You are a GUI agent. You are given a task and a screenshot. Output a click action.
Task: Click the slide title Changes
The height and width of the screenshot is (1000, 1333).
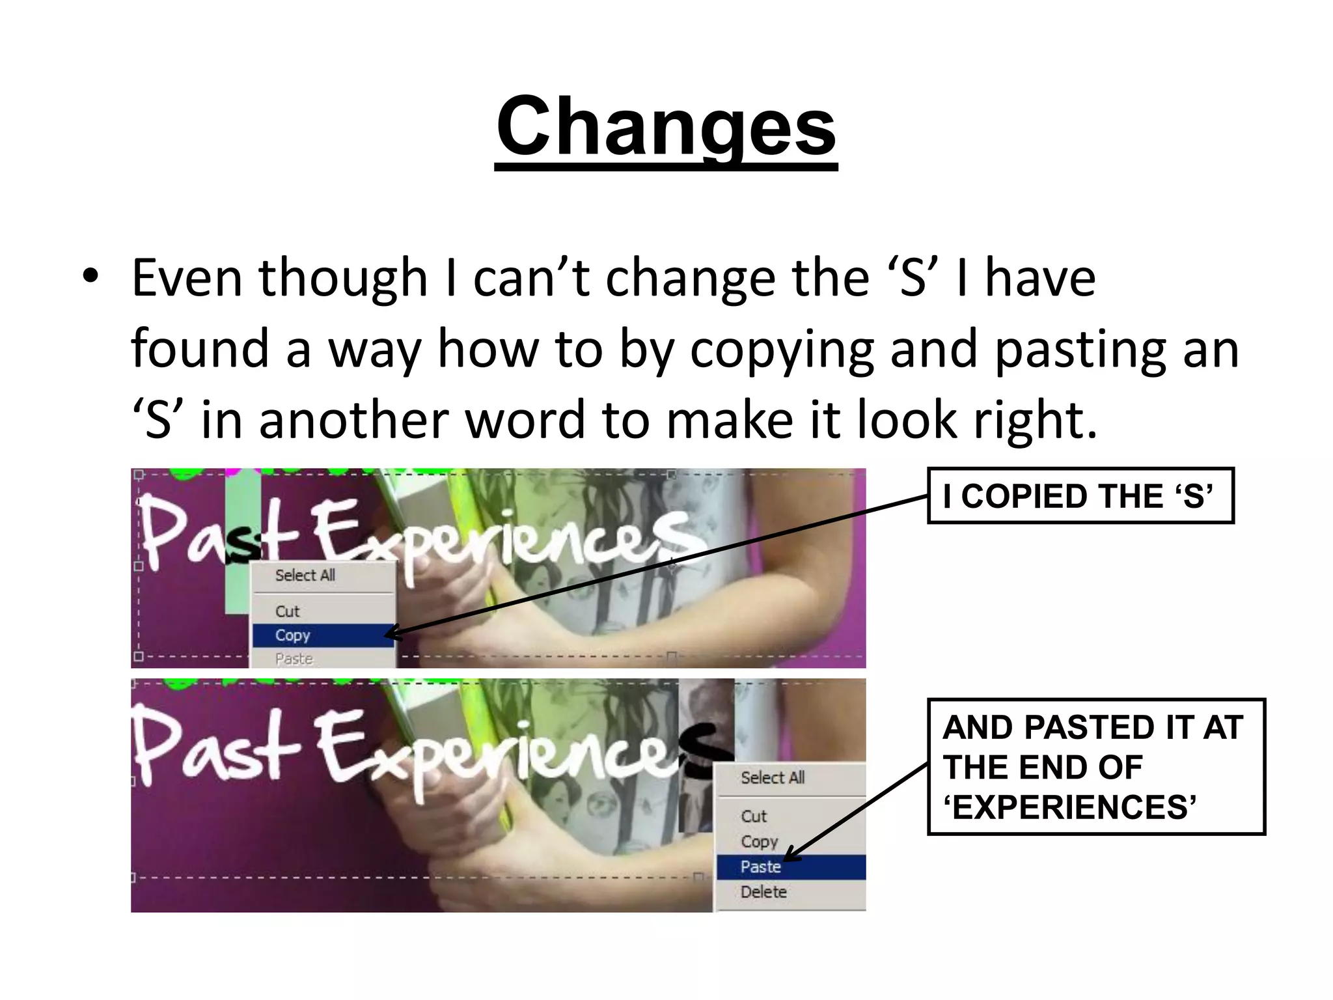[x=666, y=127]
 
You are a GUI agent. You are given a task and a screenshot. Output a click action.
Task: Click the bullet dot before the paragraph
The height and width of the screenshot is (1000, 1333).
[x=90, y=276]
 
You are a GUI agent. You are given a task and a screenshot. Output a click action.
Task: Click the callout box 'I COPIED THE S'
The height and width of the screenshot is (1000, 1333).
[x=1080, y=496]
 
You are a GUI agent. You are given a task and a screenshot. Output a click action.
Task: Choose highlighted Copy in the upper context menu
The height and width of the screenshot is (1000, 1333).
[x=293, y=635]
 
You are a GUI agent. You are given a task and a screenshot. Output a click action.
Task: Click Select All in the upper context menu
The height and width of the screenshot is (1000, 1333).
[x=305, y=576]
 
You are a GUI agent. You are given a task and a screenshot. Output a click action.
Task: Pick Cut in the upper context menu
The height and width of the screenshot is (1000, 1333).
[x=287, y=611]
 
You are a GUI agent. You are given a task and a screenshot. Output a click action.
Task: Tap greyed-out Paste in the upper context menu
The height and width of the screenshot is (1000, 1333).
[x=294, y=659]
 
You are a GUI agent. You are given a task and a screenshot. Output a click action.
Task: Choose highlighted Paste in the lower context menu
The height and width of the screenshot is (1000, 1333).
[x=760, y=867]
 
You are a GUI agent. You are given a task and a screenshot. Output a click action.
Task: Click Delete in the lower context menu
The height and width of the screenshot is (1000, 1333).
[x=763, y=892]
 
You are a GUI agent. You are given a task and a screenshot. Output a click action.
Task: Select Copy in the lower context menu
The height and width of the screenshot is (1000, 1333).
[x=759, y=842]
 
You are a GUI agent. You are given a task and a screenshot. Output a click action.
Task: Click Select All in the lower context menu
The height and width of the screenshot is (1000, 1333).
[x=773, y=777]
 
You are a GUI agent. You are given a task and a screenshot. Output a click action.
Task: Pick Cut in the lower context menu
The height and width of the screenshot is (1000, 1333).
[x=754, y=816]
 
